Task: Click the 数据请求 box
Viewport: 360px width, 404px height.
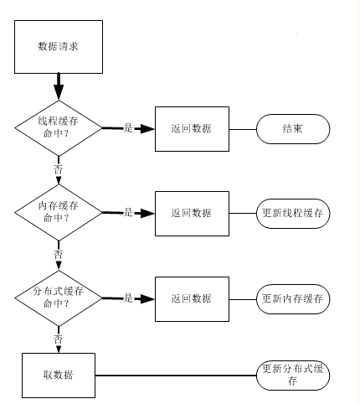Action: [x=59, y=47]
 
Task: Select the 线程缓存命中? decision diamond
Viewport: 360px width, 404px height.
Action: [x=59, y=128]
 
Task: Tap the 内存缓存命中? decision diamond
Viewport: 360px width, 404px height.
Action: [x=59, y=213]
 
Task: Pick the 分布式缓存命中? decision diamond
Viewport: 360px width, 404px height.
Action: [x=59, y=298]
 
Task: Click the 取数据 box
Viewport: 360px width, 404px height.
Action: [x=59, y=376]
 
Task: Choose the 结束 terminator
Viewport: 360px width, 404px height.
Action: [x=293, y=129]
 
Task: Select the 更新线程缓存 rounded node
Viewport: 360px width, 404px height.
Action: [x=293, y=214]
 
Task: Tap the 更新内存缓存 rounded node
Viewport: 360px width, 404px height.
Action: [x=293, y=299]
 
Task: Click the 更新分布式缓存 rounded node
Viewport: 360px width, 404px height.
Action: [x=293, y=376]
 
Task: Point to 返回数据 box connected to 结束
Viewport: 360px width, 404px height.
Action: [x=192, y=129]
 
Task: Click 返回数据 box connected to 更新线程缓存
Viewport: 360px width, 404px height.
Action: [x=192, y=214]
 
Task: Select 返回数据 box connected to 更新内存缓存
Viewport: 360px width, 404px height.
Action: [x=192, y=299]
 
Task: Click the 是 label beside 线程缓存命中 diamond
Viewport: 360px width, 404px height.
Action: [x=128, y=128]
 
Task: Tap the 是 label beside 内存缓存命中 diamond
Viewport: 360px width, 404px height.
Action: [x=128, y=212]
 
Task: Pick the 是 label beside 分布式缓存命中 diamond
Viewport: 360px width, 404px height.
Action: [x=128, y=298]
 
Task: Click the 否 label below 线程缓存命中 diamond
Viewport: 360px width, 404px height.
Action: [x=58, y=169]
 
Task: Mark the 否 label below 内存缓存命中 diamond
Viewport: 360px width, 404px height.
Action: [x=58, y=254]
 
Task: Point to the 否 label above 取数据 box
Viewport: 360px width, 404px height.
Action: [x=58, y=339]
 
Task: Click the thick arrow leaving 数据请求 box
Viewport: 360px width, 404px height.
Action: [x=59, y=86]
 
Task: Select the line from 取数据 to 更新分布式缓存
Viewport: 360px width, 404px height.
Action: [x=176, y=376]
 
